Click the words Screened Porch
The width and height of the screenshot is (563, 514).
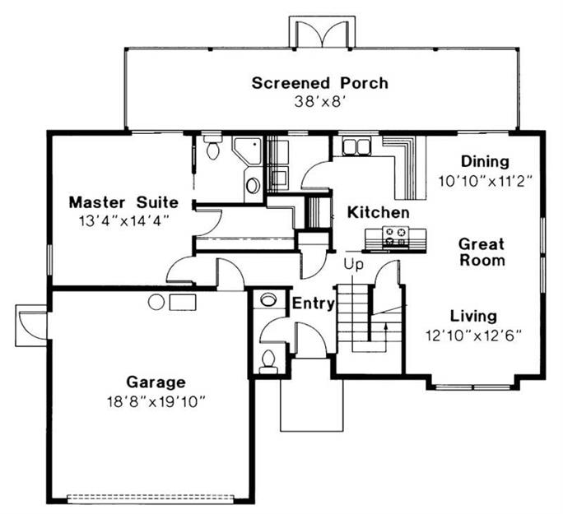[319, 83]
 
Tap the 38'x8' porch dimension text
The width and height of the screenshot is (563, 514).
[320, 101]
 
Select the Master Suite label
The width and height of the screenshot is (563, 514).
[123, 202]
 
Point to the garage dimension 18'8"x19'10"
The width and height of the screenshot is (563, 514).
[156, 401]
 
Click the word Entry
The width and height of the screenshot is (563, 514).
[314, 303]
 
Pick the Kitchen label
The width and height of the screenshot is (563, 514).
[379, 212]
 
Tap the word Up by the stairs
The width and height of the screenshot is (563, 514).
[354, 264]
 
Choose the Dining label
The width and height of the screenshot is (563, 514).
[485, 161]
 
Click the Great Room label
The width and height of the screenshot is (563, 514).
[482, 252]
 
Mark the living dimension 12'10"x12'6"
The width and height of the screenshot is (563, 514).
[473, 336]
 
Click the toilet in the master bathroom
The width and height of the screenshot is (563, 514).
[213, 147]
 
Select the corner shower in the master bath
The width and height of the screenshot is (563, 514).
[248, 151]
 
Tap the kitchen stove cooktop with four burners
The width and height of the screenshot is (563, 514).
[396, 236]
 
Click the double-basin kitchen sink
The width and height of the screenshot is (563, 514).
[356, 146]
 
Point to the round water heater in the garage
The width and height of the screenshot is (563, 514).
[156, 302]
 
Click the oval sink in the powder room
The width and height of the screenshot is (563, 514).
[268, 299]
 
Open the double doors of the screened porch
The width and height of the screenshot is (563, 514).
[322, 34]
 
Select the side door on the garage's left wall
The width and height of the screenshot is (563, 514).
[32, 325]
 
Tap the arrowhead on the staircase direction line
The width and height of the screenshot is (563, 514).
[386, 326]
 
